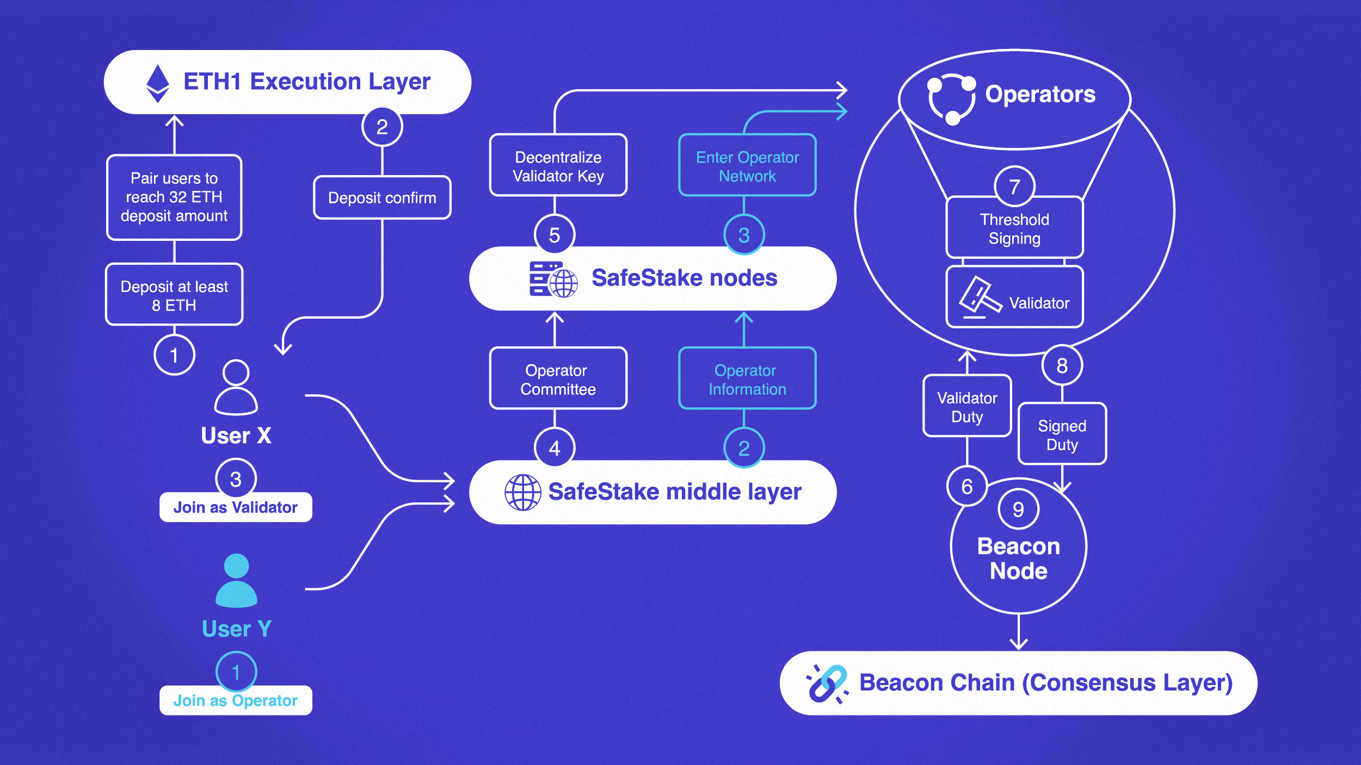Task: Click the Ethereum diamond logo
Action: [x=158, y=83]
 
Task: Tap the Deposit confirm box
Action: [x=382, y=198]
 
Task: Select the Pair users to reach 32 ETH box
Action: [x=174, y=197]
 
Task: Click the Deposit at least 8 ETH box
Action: [x=174, y=295]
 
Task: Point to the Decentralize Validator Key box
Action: [x=558, y=166]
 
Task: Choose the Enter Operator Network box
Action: [x=747, y=166]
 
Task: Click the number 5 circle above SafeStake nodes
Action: [x=554, y=235]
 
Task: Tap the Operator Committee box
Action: [x=558, y=379]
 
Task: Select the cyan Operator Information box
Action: [x=747, y=379]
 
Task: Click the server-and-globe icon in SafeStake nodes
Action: [x=552, y=279]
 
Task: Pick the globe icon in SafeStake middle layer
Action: [x=522, y=492]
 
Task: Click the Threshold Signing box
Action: [x=1014, y=228]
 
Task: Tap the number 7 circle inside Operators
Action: [x=1014, y=186]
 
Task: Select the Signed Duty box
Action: [x=1062, y=434]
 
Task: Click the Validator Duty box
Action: [x=967, y=407]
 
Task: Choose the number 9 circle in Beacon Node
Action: [x=1018, y=509]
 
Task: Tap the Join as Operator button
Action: [x=236, y=701]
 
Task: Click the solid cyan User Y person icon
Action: [x=236, y=581]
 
